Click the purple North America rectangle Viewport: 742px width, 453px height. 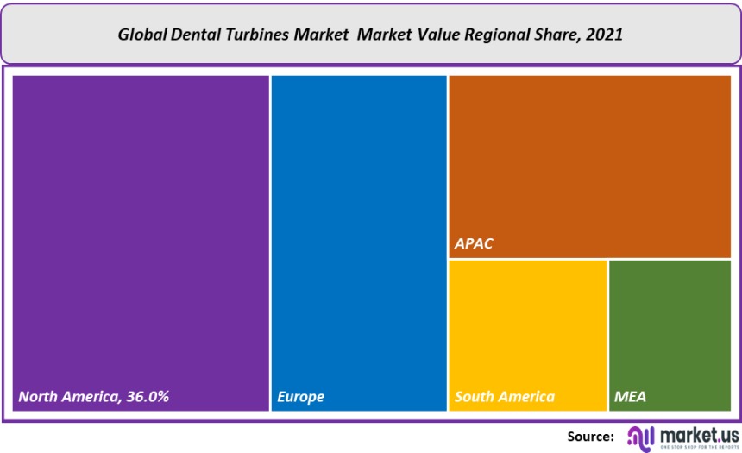141,233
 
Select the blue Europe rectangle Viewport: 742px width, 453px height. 359,233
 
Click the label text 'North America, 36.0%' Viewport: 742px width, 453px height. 94,397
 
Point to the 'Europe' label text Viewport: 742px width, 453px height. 301,397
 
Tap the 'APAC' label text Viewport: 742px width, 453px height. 474,243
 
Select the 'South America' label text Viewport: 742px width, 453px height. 505,397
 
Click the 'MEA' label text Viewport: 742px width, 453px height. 630,397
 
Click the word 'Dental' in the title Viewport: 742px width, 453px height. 195,36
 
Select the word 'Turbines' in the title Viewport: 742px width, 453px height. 254,36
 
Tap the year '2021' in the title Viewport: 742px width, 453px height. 604,36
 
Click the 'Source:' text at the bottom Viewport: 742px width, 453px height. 591,437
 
